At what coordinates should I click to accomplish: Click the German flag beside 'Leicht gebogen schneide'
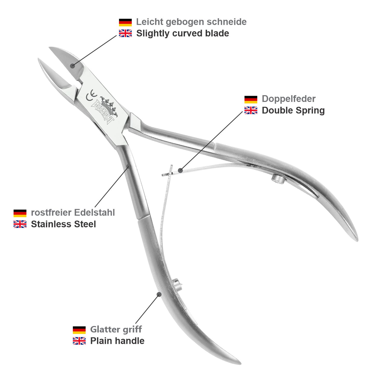coord(125,22)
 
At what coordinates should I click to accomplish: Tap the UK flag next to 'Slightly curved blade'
coord(125,33)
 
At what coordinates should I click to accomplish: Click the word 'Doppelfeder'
coord(288,99)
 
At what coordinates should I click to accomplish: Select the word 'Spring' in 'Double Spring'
coord(310,110)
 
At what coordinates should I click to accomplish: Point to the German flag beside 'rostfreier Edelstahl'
coord(20,213)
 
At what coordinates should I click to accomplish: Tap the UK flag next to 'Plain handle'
coord(79,341)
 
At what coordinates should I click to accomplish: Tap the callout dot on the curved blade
coord(73,66)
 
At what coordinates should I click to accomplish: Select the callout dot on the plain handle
coord(159,294)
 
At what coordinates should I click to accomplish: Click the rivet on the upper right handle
coord(277,179)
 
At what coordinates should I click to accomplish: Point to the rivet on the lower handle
coord(177,284)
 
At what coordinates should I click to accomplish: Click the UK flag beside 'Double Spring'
coord(251,110)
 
